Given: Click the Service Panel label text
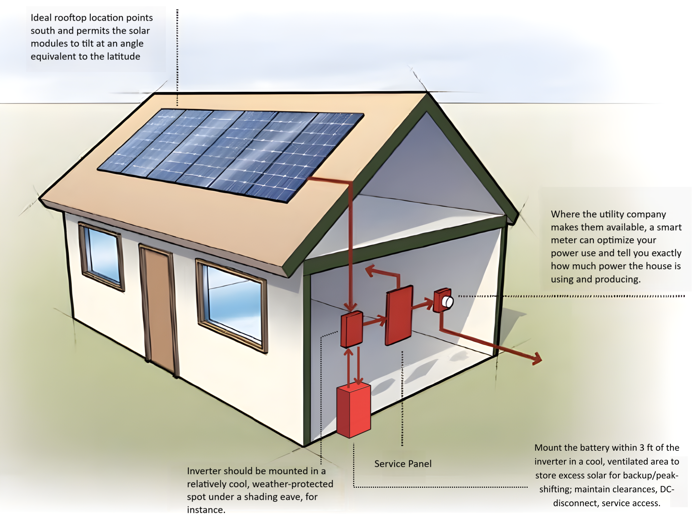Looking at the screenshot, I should coord(403,463).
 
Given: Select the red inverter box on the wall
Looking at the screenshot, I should coord(351,329).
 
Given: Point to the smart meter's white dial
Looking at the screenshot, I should coord(448,302).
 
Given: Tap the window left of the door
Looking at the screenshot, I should coord(102,256).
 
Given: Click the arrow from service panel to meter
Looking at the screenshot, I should coord(423,304).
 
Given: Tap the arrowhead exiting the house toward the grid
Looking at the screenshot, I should coord(537,359).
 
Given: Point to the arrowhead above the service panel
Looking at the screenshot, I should coord(371,271).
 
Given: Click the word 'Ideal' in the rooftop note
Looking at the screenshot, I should coord(41,17).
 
